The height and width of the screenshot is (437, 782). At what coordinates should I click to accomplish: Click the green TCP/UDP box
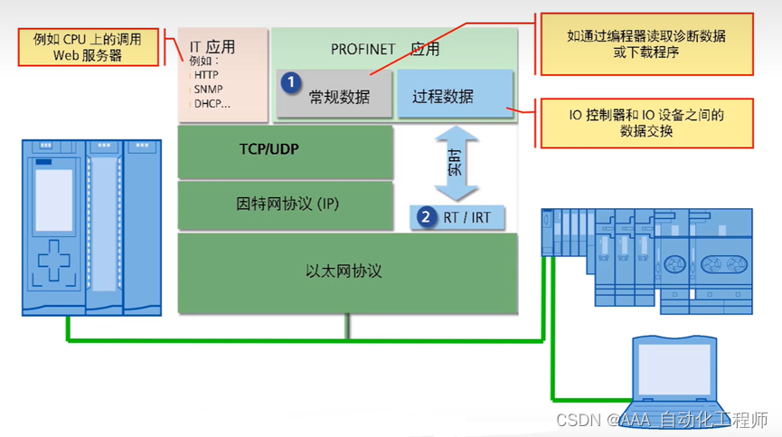(x=285, y=152)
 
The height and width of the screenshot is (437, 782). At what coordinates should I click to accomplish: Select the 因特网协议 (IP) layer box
(x=285, y=204)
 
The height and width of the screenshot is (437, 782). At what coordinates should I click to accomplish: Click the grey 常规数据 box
(x=335, y=95)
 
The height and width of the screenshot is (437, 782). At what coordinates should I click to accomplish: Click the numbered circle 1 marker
(x=290, y=82)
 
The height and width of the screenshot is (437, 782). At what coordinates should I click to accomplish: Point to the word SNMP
(x=210, y=90)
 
